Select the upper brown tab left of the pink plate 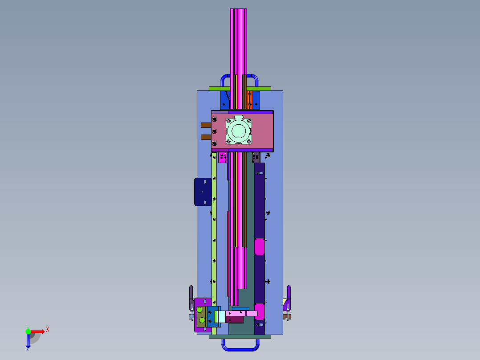206,125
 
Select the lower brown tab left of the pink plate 206,137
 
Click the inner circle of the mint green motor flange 239,131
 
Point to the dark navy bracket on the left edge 203,192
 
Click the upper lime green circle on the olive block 199,310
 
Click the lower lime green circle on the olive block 202,320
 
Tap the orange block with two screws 250,100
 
